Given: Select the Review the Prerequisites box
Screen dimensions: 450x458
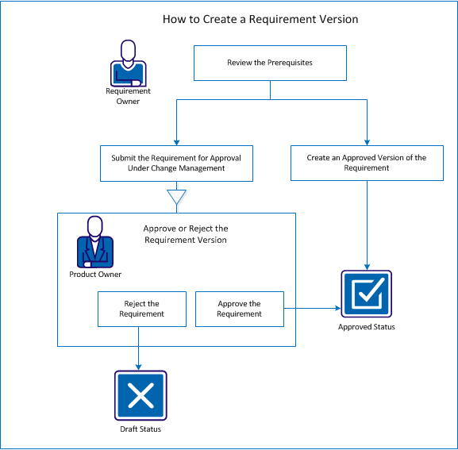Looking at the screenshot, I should [271, 63].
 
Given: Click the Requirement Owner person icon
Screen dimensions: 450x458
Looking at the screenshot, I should [128, 65].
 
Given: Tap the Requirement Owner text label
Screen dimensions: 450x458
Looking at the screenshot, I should [128, 96].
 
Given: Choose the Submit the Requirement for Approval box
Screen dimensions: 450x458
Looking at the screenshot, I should [176, 163].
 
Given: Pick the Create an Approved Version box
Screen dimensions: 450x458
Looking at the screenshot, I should [367, 163].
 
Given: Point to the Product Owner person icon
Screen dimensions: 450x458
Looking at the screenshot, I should [95, 244].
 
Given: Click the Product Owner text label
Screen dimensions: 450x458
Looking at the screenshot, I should [95, 275].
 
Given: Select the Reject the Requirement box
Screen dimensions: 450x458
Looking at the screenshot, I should [141, 309].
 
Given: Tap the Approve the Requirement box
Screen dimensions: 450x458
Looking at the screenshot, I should [239, 309].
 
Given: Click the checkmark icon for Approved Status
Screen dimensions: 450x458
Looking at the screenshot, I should [366, 293].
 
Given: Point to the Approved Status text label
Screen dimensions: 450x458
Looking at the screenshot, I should [366, 326].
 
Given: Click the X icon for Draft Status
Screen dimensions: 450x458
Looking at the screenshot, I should [140, 395].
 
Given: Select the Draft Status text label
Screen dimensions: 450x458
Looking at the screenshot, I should [140, 429].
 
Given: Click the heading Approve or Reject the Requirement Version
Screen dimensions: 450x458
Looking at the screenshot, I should [185, 234].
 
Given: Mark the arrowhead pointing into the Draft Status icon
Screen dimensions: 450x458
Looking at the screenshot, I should [140, 366].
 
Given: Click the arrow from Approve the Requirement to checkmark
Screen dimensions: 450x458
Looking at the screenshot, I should [314, 309].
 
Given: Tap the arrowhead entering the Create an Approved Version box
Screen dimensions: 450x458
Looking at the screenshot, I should [367, 140].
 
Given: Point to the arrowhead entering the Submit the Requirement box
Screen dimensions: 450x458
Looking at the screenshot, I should [176, 140].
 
